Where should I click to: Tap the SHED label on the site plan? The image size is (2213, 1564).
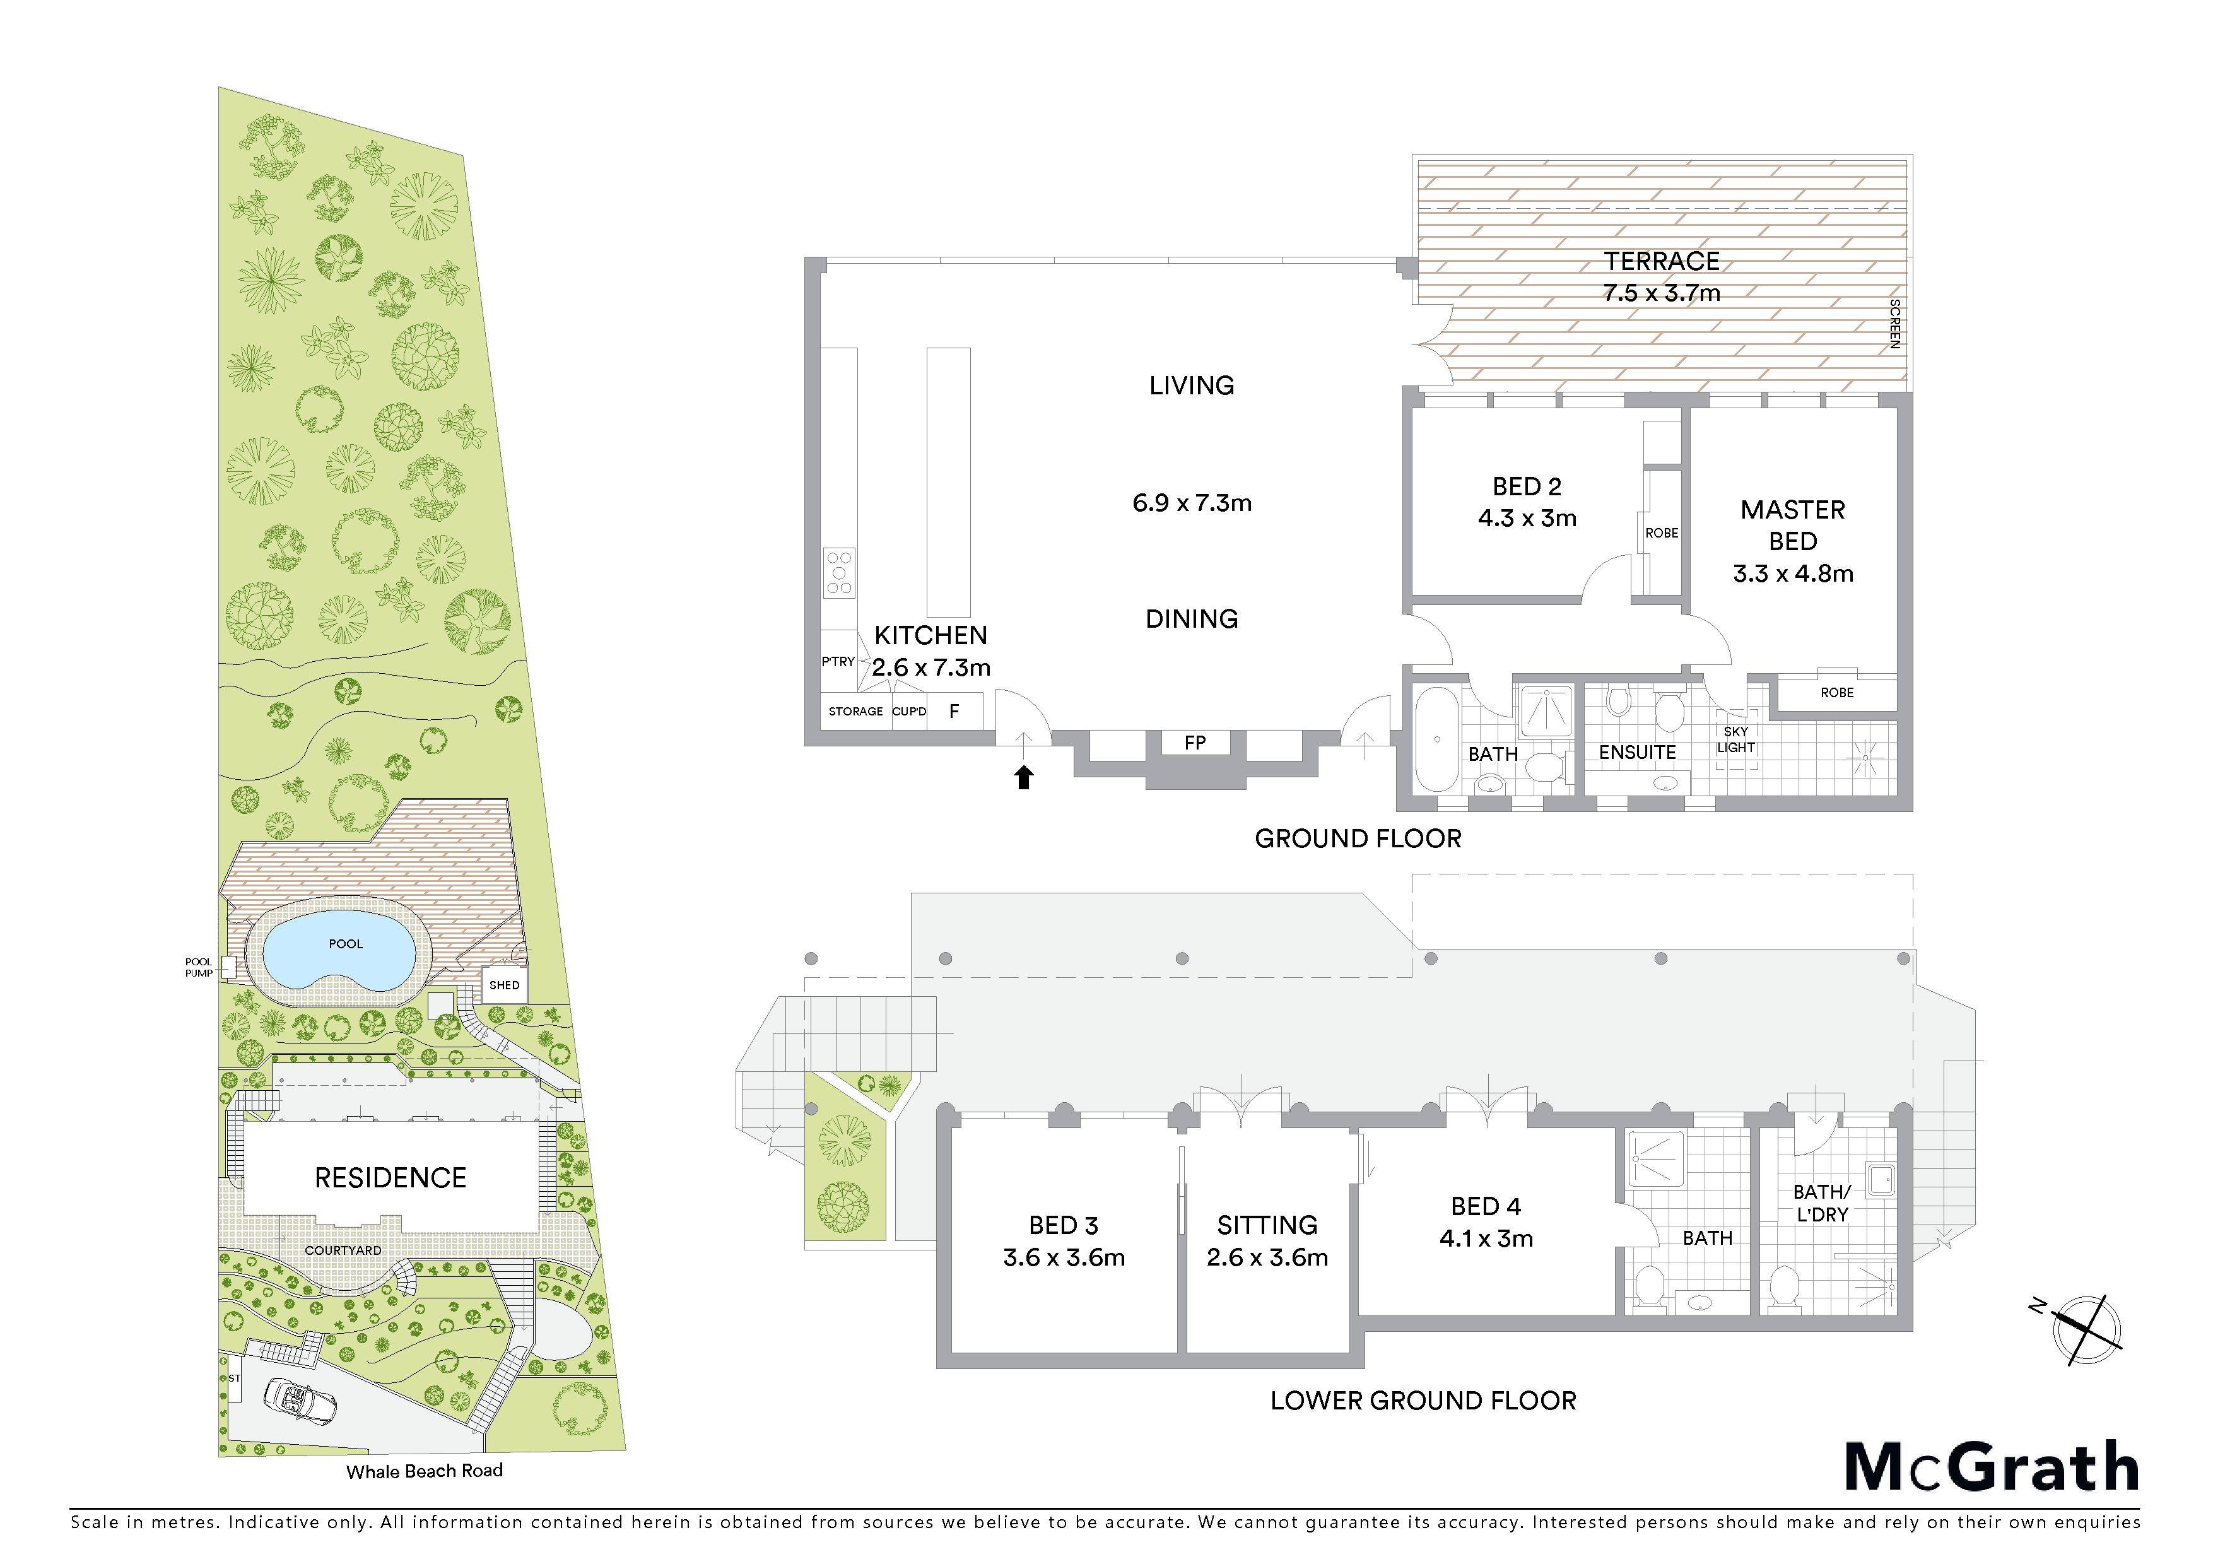point(504,985)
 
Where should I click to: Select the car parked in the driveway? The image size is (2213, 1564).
point(302,1403)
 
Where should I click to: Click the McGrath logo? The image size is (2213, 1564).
point(1992,1467)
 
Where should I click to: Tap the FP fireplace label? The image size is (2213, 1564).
point(1195,743)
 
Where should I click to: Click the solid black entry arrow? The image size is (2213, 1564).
point(1024,777)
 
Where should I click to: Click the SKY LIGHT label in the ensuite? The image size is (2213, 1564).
point(1736,739)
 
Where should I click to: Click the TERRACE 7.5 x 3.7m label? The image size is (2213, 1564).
point(1662,276)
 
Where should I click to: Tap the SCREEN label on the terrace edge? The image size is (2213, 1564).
point(1894,324)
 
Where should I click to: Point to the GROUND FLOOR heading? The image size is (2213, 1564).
point(1358,838)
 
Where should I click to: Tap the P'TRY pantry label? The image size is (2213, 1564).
point(838,661)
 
